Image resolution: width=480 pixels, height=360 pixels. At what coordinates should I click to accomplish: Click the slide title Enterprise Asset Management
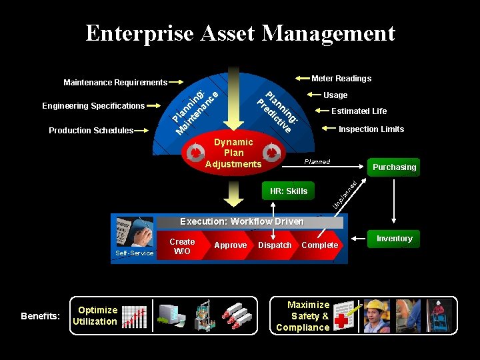click(240, 33)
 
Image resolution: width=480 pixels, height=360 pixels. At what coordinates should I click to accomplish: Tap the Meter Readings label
click(341, 79)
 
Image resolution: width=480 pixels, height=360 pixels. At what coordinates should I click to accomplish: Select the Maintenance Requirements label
click(115, 83)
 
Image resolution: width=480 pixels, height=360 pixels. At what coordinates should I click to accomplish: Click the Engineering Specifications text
click(93, 106)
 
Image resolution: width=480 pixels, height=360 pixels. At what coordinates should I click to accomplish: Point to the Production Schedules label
click(91, 131)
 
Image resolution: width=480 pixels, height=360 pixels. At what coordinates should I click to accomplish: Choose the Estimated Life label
click(359, 111)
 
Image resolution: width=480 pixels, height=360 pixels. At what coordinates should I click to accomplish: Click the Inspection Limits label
click(371, 129)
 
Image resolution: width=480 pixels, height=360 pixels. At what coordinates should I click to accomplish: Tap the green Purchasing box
click(394, 167)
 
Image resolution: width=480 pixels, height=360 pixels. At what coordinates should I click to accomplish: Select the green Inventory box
click(394, 239)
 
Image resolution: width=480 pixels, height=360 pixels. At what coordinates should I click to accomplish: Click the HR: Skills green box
click(288, 191)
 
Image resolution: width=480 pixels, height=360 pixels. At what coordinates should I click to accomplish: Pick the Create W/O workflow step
click(182, 246)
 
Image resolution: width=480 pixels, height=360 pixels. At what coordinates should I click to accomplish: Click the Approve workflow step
click(231, 245)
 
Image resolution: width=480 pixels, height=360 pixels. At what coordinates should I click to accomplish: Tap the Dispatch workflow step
click(275, 245)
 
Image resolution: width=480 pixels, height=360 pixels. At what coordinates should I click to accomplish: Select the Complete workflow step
click(320, 245)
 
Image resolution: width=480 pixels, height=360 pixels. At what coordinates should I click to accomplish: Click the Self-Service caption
click(135, 253)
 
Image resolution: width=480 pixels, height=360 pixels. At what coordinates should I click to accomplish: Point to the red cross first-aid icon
click(343, 316)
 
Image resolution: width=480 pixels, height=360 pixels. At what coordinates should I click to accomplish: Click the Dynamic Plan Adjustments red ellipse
click(233, 153)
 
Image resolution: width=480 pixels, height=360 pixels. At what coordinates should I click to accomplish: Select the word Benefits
click(40, 316)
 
